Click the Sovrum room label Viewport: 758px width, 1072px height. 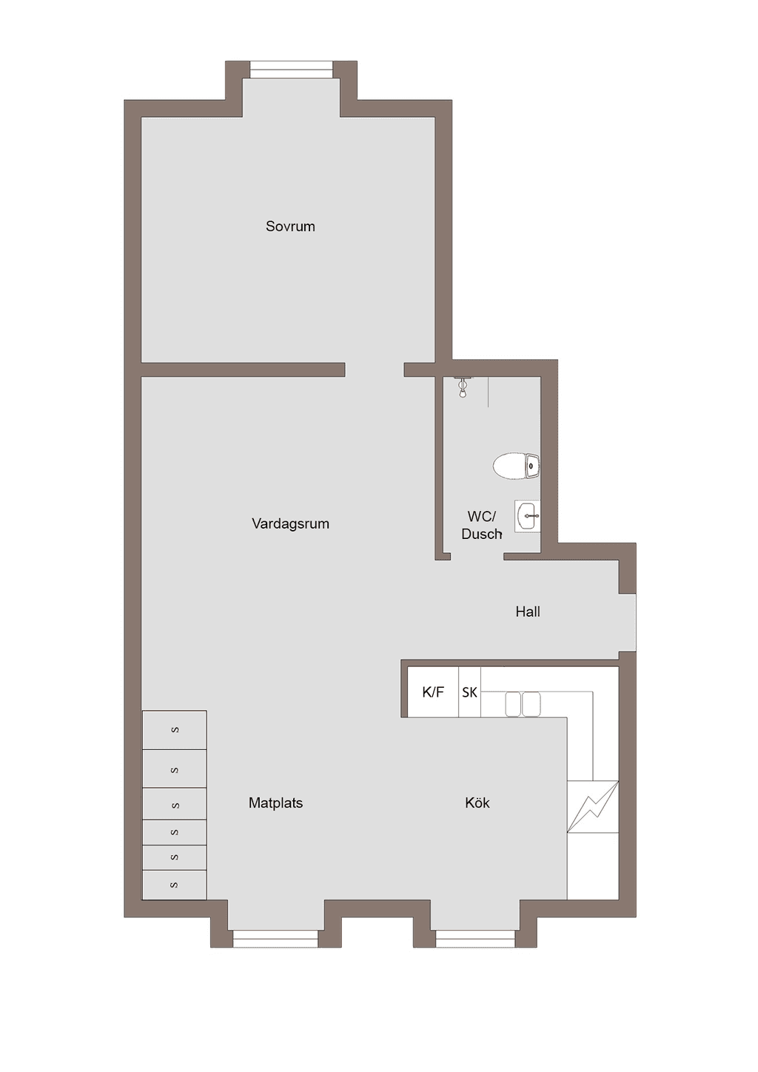290,227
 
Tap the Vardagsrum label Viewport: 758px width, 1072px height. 290,523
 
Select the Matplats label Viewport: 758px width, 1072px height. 275,803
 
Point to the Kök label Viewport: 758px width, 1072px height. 477,803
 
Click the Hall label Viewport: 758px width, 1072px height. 528,612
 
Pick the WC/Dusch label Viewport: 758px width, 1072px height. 481,525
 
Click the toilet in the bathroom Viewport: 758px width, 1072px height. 517,465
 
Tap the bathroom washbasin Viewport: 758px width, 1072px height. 527,516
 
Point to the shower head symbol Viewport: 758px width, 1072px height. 462,387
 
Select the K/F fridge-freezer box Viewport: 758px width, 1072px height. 432,691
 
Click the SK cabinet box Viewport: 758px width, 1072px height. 469,691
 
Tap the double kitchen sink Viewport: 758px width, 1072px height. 523,704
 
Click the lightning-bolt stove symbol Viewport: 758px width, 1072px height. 593,807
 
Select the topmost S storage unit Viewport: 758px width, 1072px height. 175,730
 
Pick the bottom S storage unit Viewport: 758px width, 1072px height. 175,885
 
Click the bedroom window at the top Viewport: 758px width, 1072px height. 292,70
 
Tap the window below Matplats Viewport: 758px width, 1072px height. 275,939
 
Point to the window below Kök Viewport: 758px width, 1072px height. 475,939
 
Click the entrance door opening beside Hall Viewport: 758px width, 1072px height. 628,622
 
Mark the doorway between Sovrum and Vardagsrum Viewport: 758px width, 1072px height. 375,369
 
